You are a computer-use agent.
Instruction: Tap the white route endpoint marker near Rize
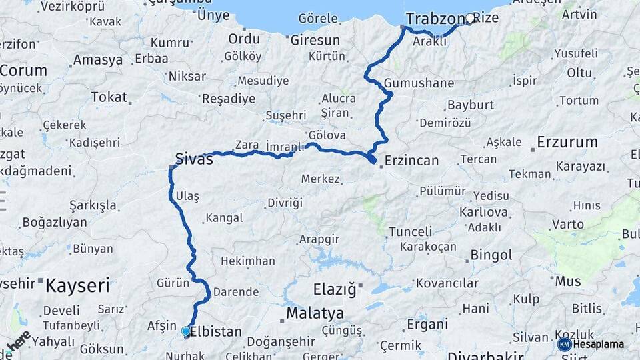coord(470,19)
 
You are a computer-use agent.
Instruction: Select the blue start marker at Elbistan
coord(185,331)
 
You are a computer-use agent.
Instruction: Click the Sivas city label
coord(194,159)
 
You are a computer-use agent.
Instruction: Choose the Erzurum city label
coord(567,142)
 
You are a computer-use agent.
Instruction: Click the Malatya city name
coord(315,313)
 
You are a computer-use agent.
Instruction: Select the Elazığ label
coord(335,290)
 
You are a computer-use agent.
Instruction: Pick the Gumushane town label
coord(419,84)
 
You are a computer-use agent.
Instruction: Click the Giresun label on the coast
coord(315,40)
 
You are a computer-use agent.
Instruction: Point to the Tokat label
coord(109,97)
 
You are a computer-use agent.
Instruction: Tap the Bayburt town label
coord(471,105)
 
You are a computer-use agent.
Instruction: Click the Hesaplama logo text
coord(598,344)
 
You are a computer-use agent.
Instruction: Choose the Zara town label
coord(247,145)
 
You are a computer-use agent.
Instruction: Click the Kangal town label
coord(224,218)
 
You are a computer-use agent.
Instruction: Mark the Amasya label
coord(98,60)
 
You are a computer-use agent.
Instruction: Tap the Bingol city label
coord(491,255)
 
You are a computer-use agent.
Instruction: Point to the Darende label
coord(235,291)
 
